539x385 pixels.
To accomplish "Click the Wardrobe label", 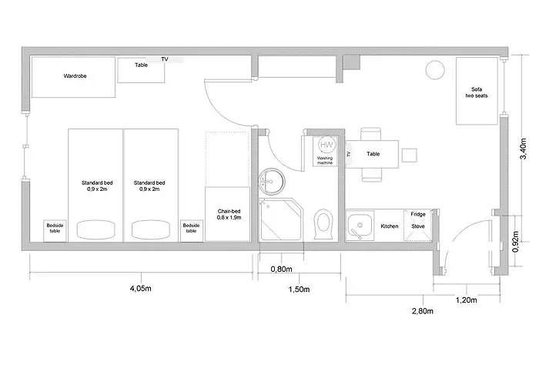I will pyautogui.click(x=74, y=77).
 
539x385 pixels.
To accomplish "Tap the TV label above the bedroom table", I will pyautogui.click(x=165, y=59).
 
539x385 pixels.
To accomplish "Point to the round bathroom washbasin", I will pyautogui.click(x=270, y=182).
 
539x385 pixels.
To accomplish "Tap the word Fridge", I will pyautogui.click(x=418, y=214).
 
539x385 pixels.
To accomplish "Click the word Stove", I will pyautogui.click(x=418, y=226).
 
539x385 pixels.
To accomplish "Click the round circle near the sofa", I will pyautogui.click(x=436, y=69).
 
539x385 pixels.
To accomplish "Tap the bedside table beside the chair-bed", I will pyautogui.click(x=190, y=229).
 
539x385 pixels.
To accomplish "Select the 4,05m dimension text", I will pyautogui.click(x=139, y=289).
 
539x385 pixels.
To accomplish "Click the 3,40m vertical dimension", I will pyautogui.click(x=524, y=146).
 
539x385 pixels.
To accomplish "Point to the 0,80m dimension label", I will pyautogui.click(x=281, y=269).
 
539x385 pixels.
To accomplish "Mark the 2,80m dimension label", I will pyautogui.click(x=423, y=311).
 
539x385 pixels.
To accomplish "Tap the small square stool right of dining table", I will pyautogui.click(x=410, y=155).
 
